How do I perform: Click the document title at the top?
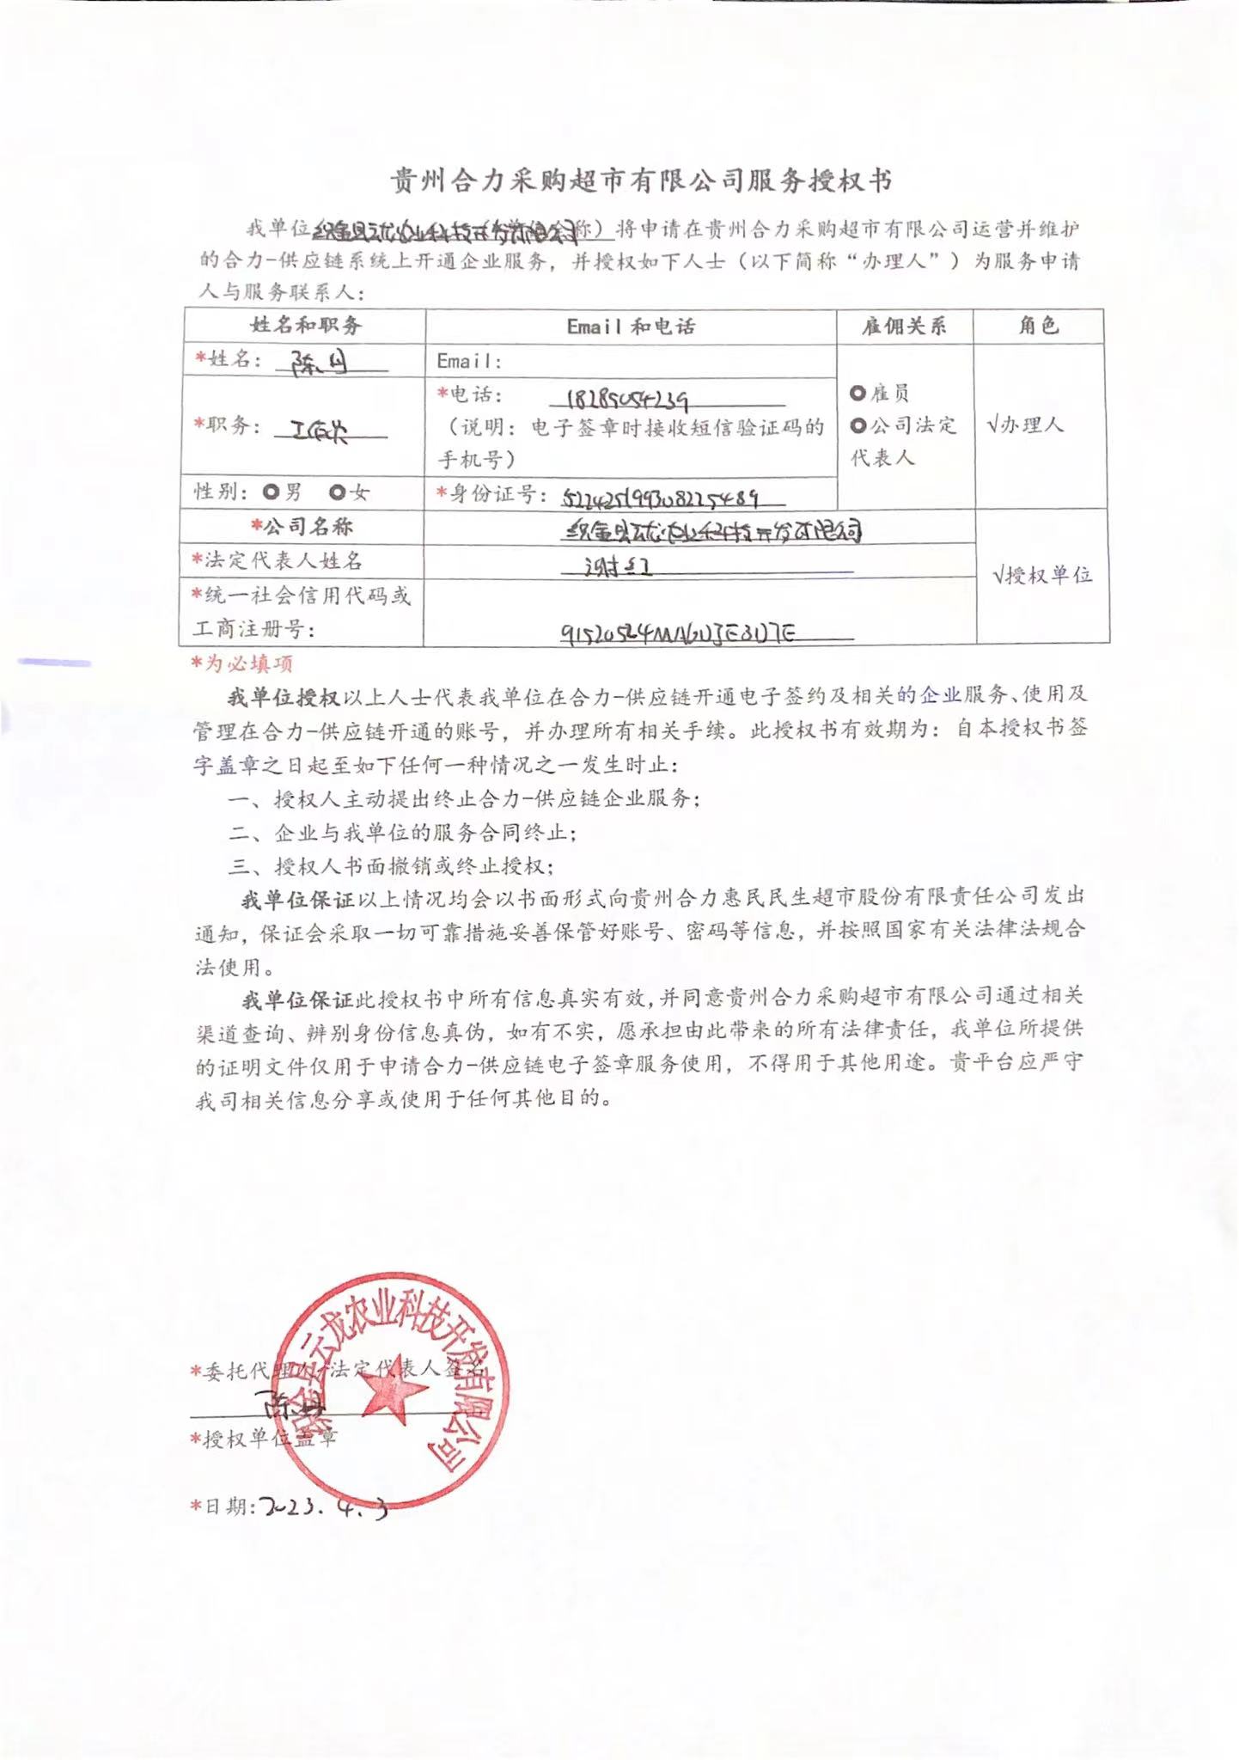[x=641, y=180]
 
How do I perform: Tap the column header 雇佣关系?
[x=904, y=327]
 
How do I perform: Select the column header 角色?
[x=1038, y=326]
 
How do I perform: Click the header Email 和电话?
[x=631, y=327]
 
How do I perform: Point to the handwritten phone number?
[x=627, y=401]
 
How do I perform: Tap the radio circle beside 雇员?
[x=858, y=394]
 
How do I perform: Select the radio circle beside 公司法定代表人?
[x=858, y=425]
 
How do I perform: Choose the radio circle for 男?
[x=272, y=492]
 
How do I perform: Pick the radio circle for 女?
[x=338, y=492]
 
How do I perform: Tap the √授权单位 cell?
[x=1042, y=575]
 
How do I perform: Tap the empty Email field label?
[x=468, y=362]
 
